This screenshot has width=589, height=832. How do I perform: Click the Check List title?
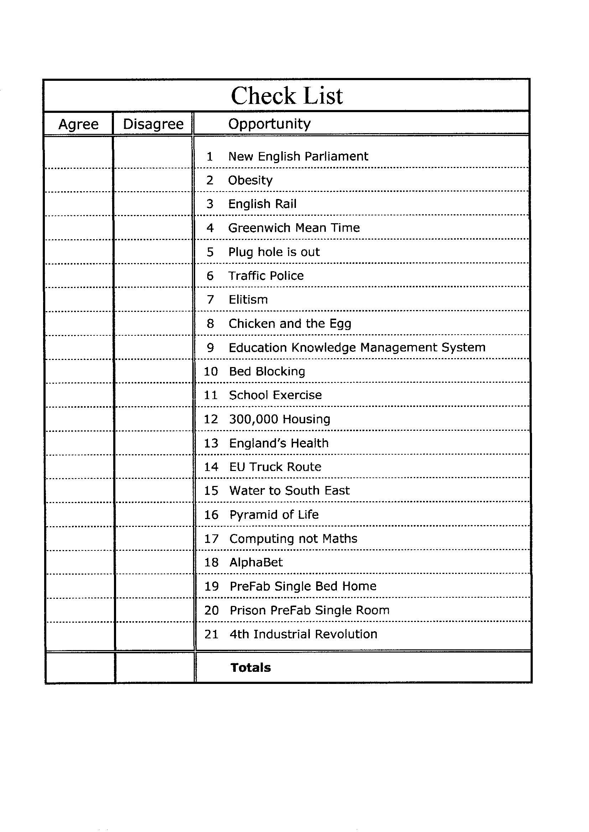[x=287, y=96]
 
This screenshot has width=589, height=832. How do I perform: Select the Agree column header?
[x=78, y=124]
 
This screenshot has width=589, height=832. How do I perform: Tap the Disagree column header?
[x=153, y=124]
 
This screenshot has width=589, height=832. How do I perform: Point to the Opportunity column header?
[x=269, y=124]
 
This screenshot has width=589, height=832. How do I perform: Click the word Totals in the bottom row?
[x=251, y=668]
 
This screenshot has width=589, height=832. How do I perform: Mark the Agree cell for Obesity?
[x=79, y=180]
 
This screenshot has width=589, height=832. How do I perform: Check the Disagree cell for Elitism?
[x=153, y=299]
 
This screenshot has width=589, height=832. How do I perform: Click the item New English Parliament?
[x=298, y=156]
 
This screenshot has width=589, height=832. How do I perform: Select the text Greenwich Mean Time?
[x=294, y=227]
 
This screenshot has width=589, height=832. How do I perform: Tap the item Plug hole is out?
[x=274, y=252]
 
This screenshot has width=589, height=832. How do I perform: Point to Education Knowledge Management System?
[x=357, y=347]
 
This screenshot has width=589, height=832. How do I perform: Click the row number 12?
[x=211, y=419]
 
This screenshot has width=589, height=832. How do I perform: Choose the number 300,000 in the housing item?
[x=254, y=419]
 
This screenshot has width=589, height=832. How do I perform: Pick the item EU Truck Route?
[x=275, y=467]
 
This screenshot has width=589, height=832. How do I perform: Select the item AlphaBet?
[x=256, y=562]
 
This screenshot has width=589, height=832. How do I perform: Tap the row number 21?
[x=211, y=634]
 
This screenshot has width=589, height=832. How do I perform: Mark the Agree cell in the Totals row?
[x=80, y=668]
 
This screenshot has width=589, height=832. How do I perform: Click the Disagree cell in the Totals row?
[x=155, y=668]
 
